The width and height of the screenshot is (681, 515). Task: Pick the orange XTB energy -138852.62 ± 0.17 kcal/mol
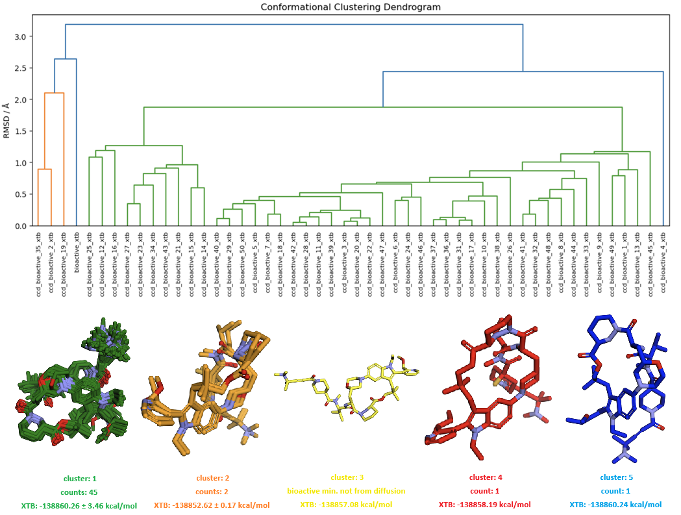pos(212,505)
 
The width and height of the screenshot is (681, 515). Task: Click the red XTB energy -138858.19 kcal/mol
pos(484,505)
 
